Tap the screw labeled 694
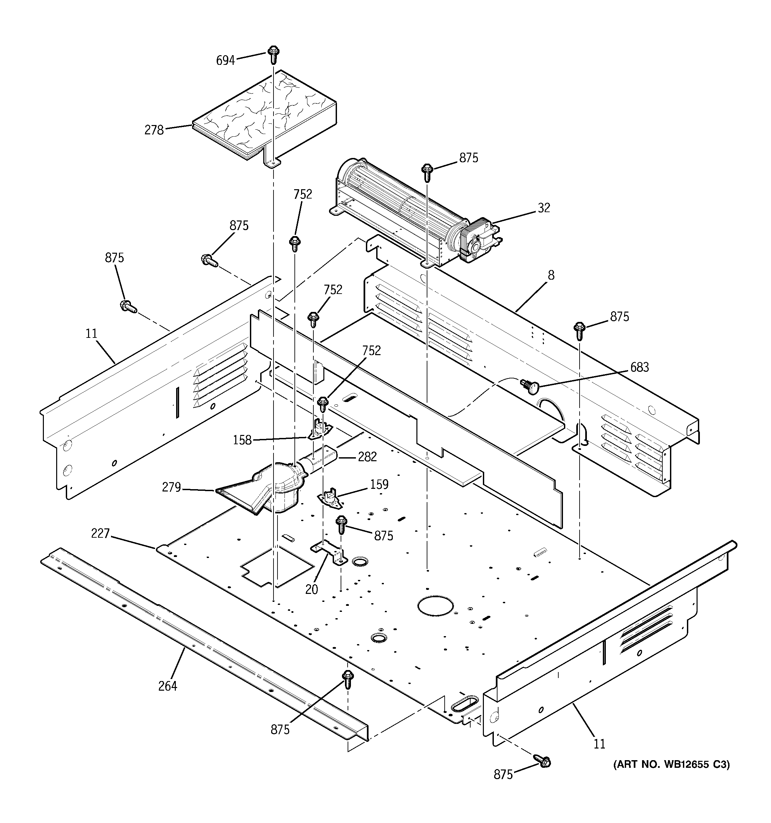tap(273, 54)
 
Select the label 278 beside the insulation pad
tap(154, 130)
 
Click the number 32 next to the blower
tap(543, 208)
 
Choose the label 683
tap(639, 367)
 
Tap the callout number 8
tap(551, 275)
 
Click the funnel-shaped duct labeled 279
tap(265, 488)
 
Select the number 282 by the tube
tap(367, 457)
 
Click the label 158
tap(242, 440)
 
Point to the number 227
tap(100, 534)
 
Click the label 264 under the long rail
tap(167, 686)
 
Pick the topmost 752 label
tap(302, 194)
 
